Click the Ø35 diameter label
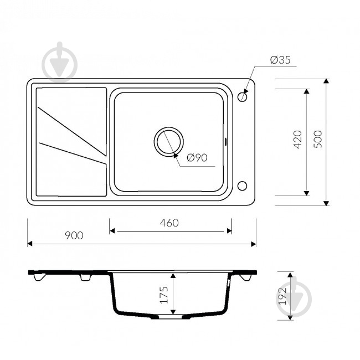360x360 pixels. coord(280,60)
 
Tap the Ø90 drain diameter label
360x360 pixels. coord(197,157)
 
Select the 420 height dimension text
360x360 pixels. coord(298,140)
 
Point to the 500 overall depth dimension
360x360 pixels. coord(318,139)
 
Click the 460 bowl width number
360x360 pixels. coord(169,223)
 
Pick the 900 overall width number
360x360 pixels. coord(74,235)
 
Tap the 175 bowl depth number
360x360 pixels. coord(164,295)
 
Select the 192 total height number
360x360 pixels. coord(282,296)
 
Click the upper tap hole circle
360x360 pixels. coord(242,97)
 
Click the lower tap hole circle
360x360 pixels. coord(242,186)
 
